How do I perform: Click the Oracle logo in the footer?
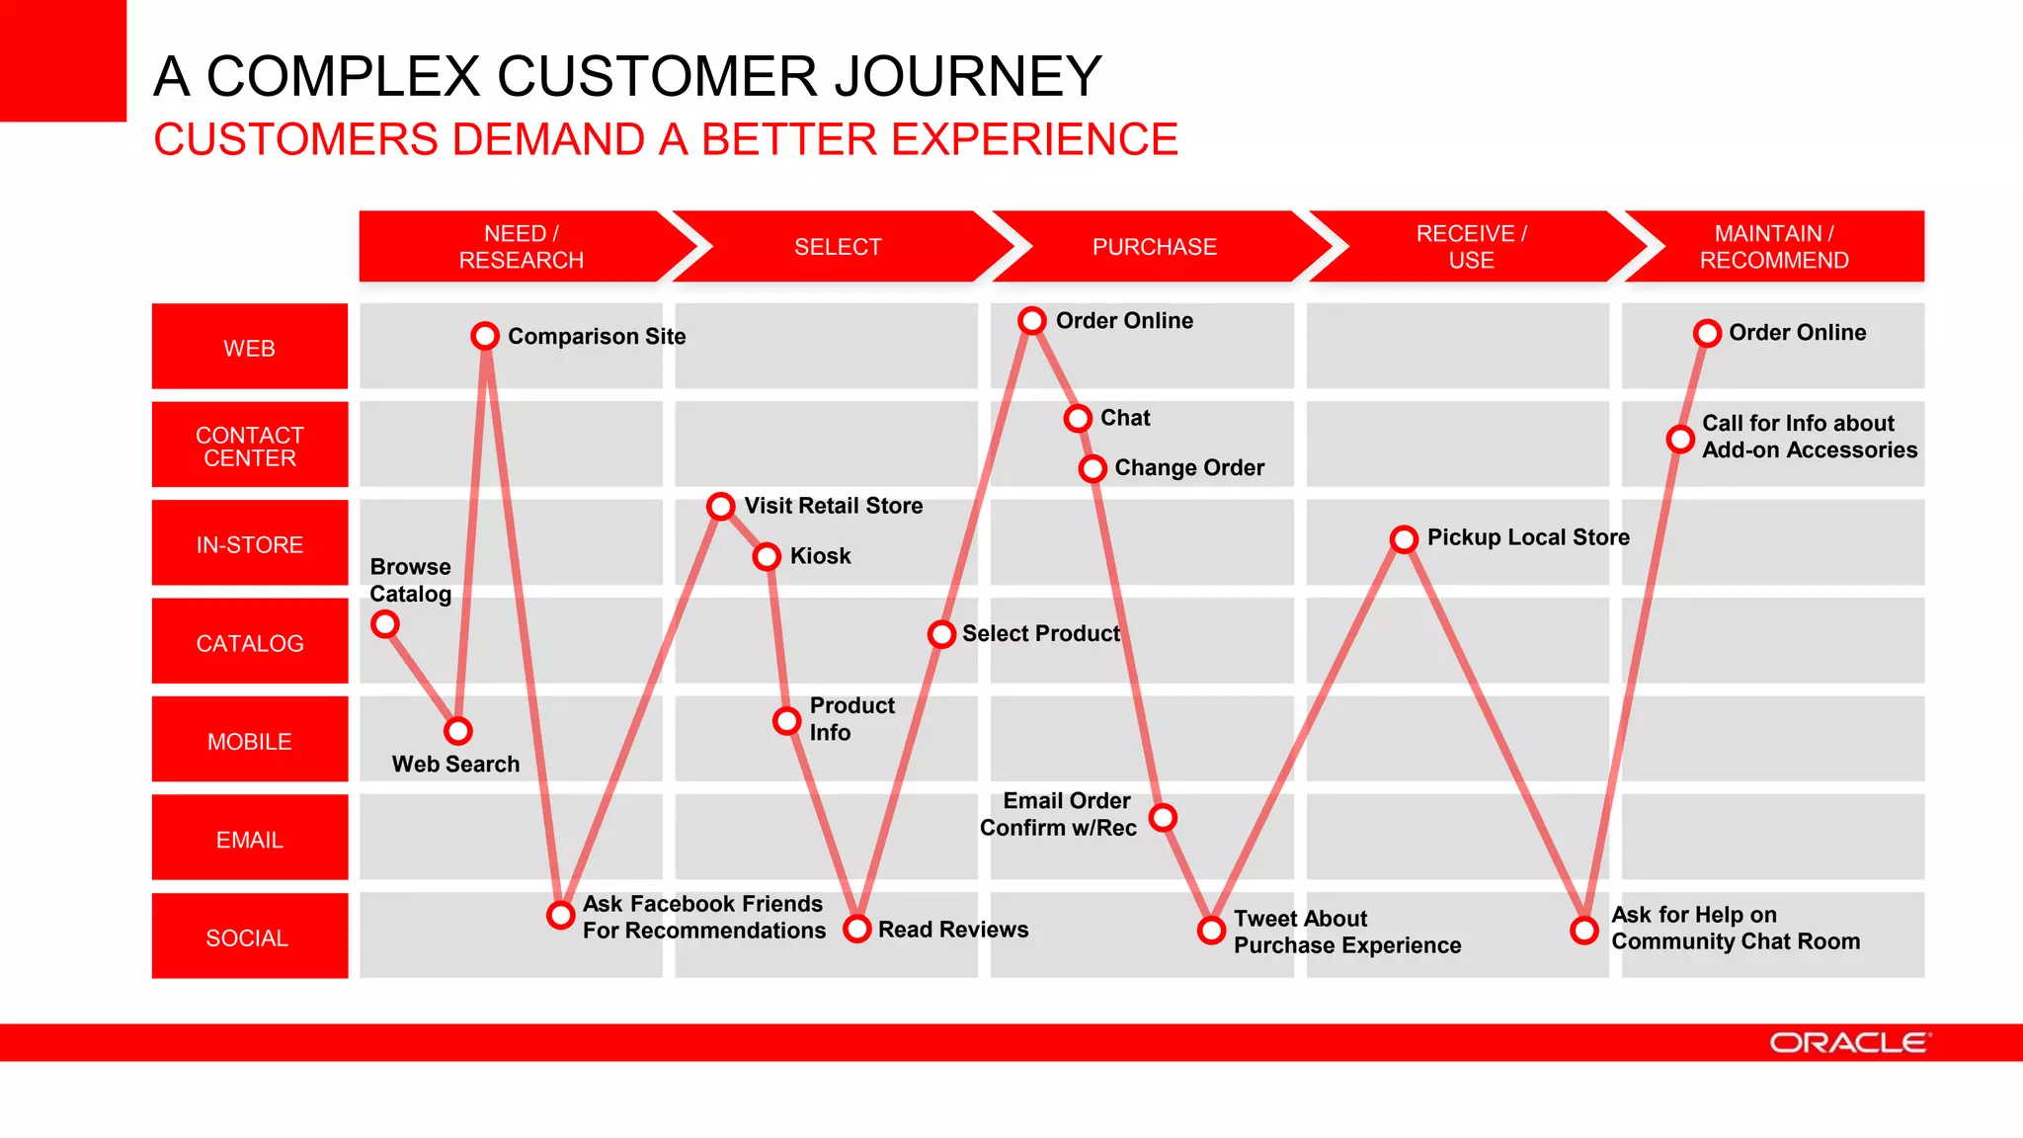[1848, 1043]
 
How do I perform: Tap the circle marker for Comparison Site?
[485, 336]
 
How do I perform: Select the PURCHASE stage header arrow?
[1154, 247]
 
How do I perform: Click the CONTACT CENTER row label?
[250, 447]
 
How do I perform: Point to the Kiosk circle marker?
[767, 557]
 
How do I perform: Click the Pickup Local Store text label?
[1528, 537]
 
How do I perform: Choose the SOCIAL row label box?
[250, 936]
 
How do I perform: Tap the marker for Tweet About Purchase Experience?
[1211, 930]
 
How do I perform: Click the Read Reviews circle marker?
[856, 929]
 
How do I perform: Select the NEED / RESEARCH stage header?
[521, 247]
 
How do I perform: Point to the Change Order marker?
[1092, 468]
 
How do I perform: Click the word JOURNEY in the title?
[967, 77]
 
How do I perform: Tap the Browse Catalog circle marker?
[385, 624]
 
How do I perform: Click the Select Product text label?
[1041, 633]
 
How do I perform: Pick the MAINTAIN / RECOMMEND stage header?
[1774, 247]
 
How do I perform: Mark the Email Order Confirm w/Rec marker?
[1164, 817]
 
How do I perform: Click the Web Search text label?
[455, 764]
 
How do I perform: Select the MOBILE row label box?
[250, 741]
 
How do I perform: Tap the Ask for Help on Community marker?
[1584, 930]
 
